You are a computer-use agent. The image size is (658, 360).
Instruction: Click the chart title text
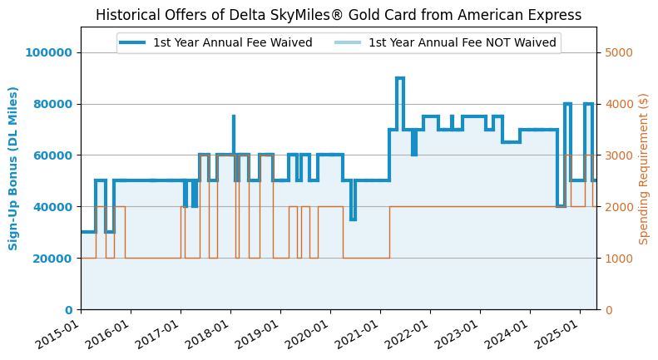click(x=339, y=15)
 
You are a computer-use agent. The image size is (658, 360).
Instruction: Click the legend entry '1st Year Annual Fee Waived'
click(x=232, y=42)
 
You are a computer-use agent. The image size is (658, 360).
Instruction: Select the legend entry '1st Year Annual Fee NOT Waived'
click(x=462, y=42)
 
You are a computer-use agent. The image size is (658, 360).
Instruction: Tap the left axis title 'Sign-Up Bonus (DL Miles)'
click(x=13, y=168)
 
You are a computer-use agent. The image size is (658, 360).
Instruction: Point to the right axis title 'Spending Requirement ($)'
click(x=644, y=168)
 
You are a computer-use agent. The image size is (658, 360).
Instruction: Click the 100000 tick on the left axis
click(x=48, y=52)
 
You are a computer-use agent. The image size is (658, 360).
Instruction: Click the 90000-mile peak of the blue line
click(x=399, y=78)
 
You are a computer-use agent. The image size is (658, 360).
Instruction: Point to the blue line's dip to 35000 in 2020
click(x=353, y=219)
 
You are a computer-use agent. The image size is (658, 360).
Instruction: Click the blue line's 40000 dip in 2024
click(x=561, y=206)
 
